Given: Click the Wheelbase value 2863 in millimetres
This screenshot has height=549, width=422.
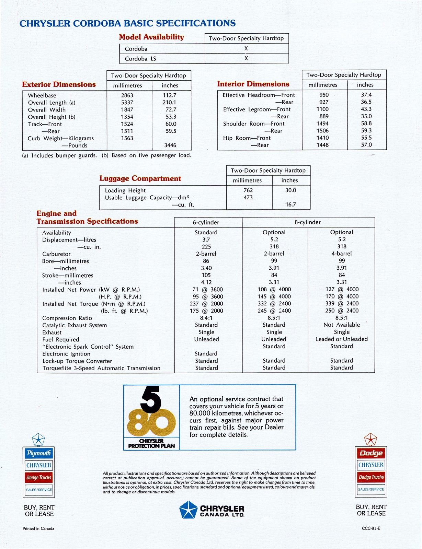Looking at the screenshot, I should tap(127, 95).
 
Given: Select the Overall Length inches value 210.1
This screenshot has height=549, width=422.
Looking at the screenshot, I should tap(169, 103).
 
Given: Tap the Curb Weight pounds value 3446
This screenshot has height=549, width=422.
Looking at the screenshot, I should tap(170, 145).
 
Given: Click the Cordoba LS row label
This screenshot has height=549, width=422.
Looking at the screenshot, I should tap(140, 59).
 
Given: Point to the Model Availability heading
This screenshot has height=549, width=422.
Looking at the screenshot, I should tap(151, 37).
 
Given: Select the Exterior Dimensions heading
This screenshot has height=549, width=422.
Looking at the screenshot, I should tap(59, 84).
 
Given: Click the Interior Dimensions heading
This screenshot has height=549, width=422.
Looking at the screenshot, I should tap(253, 84).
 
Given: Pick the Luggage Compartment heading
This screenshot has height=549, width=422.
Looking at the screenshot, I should tap(140, 178).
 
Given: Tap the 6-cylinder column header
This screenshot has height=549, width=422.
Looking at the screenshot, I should tap(206, 222).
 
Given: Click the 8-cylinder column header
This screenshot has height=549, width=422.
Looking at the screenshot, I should tap(308, 222).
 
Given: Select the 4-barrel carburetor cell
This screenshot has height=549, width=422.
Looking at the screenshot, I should tap(342, 254).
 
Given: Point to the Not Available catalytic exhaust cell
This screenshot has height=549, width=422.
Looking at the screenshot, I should tap(342, 325).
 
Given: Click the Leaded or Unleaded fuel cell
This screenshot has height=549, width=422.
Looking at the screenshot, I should tap(342, 339).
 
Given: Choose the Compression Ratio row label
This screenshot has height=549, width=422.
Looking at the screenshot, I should tap(67, 318).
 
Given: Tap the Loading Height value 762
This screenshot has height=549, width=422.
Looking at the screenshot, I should tap(248, 190).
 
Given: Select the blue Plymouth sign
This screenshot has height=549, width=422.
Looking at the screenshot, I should tap(39, 453).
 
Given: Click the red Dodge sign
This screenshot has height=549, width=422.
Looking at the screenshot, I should tap(371, 453).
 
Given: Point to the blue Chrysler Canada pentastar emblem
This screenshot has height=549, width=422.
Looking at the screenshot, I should tap(188, 510).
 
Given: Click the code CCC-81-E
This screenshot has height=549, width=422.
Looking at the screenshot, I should tap(371, 528).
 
